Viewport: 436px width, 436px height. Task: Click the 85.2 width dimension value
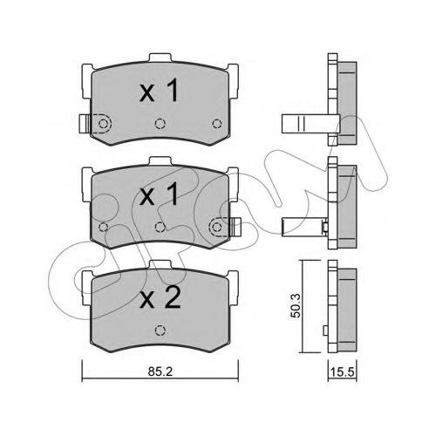coord(160,371)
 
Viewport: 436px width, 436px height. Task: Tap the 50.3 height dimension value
coord(296,305)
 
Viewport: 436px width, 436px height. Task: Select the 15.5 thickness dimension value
coord(343,371)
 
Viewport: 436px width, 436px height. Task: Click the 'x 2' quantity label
coord(160,298)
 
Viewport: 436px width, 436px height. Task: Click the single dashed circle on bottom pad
coord(160,330)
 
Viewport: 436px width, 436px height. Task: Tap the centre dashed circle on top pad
coord(160,124)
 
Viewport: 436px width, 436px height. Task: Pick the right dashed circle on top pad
coord(217,124)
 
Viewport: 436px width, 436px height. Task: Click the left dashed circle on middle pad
coord(104,227)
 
